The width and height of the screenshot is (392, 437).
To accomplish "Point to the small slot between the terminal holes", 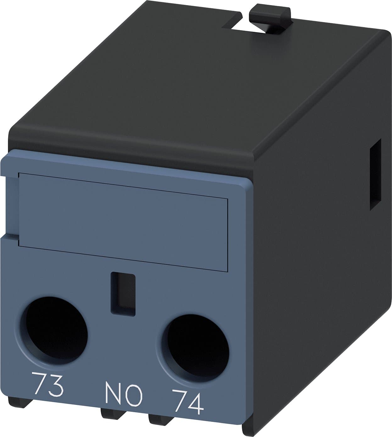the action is point(123,295).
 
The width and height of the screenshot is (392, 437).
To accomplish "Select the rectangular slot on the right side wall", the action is point(376,174).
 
